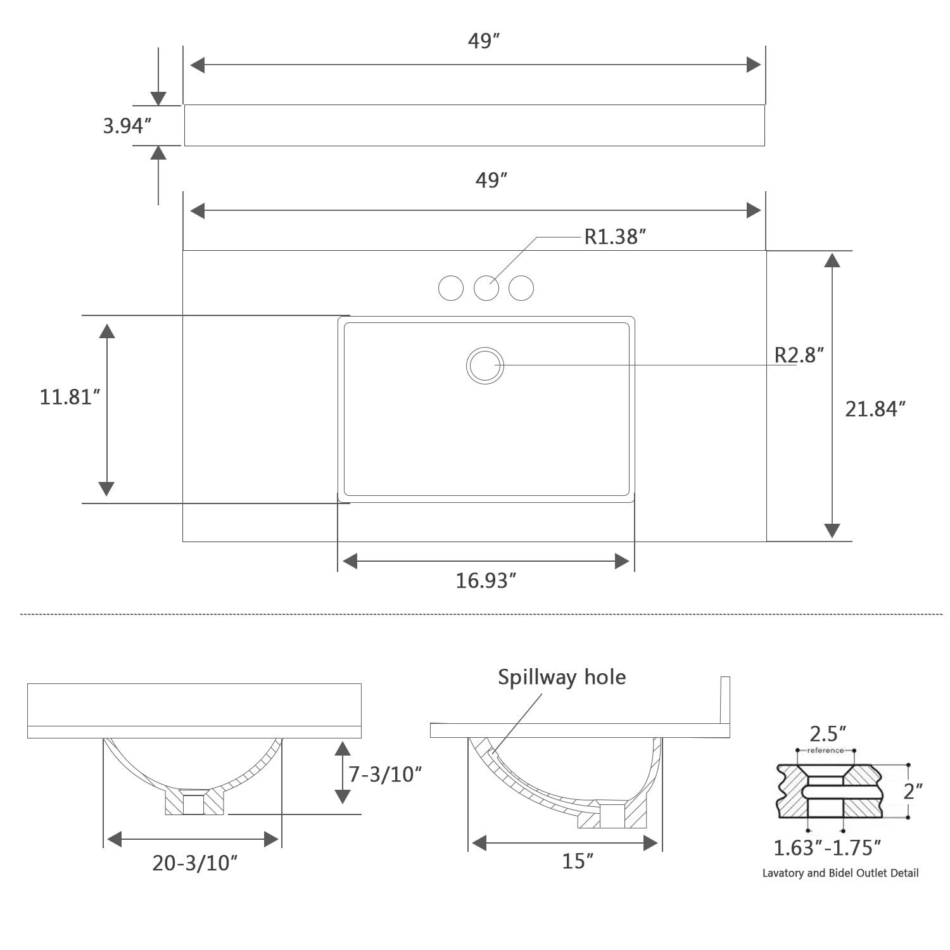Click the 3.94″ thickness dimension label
(x=127, y=126)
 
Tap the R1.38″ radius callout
(x=615, y=237)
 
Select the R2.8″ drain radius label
(x=799, y=355)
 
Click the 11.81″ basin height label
(x=70, y=397)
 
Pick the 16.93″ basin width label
(x=486, y=581)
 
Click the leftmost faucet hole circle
(x=451, y=288)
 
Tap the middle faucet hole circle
(x=486, y=288)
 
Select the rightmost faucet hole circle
(x=521, y=288)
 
